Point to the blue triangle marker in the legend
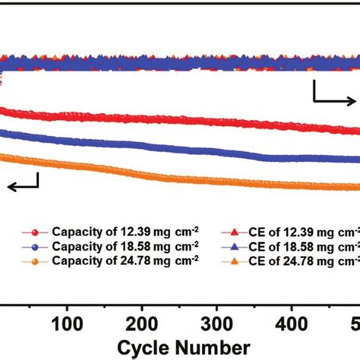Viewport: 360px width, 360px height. click(232, 246)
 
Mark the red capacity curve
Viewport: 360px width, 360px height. click(190, 120)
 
